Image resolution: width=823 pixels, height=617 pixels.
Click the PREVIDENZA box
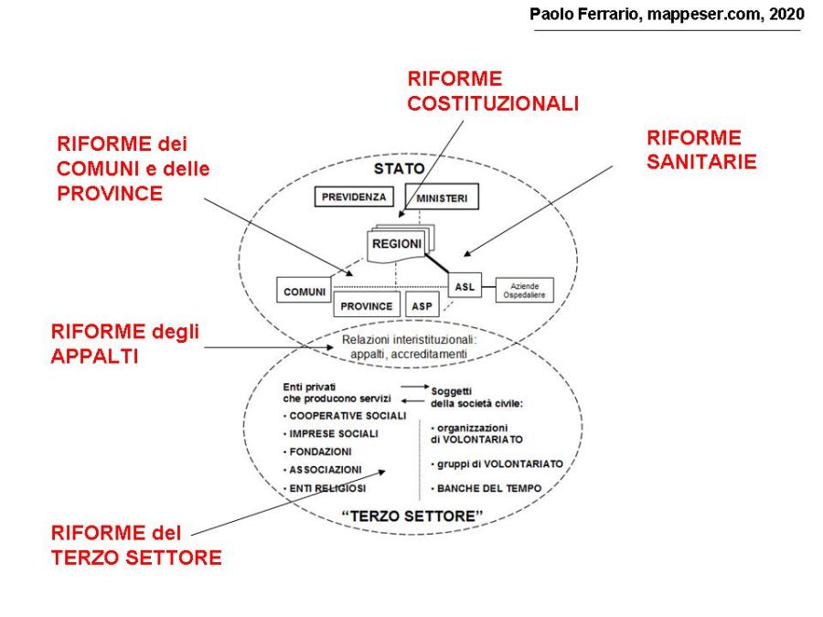click(x=353, y=196)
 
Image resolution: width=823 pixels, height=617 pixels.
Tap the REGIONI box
click(x=396, y=244)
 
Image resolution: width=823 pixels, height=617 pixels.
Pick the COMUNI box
click(x=303, y=292)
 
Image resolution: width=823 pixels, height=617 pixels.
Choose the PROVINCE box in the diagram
click(x=367, y=306)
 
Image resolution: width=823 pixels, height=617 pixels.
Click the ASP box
click(x=422, y=306)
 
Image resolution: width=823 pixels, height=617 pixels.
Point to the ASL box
click(x=463, y=286)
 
